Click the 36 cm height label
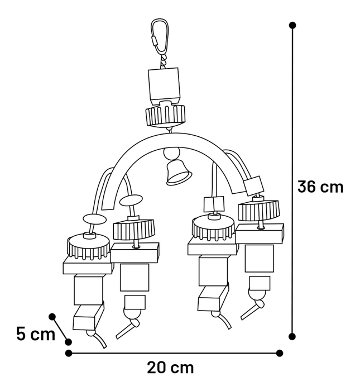coord(320,187)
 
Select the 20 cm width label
coord(171,368)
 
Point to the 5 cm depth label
coord(35,334)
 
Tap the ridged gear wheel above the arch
coord(165,116)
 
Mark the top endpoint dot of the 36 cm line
coord(292,25)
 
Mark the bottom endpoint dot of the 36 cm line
coord(292,336)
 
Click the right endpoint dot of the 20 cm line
coord(280,353)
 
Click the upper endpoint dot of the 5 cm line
coord(52,317)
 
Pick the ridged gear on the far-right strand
coord(258,211)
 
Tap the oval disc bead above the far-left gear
coord(94,219)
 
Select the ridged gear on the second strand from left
coord(133,228)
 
